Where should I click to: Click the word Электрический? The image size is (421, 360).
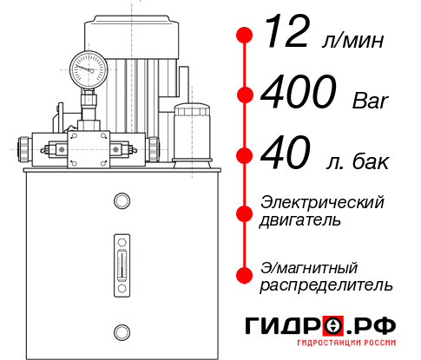pyautogui.click(x=322, y=202)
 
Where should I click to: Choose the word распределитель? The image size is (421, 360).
pyautogui.click(x=326, y=285)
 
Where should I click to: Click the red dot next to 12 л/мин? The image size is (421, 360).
pyautogui.click(x=245, y=36)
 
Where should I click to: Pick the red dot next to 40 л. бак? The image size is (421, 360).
pyautogui.click(x=245, y=157)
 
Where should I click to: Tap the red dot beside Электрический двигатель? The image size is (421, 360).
pyautogui.click(x=245, y=212)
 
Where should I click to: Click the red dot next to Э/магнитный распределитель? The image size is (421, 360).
pyautogui.click(x=245, y=275)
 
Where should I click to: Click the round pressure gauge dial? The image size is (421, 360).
pyautogui.click(x=88, y=66)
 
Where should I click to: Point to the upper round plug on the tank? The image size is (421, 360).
pyautogui.click(x=121, y=202)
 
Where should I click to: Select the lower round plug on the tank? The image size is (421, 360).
pyautogui.click(x=121, y=330)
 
